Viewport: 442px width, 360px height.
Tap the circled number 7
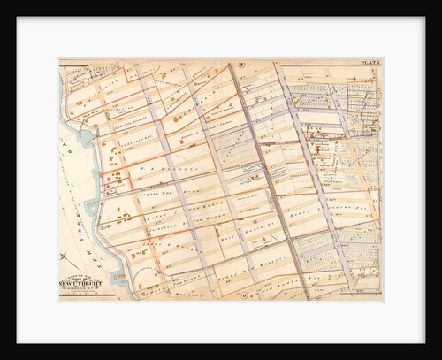[240, 64]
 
